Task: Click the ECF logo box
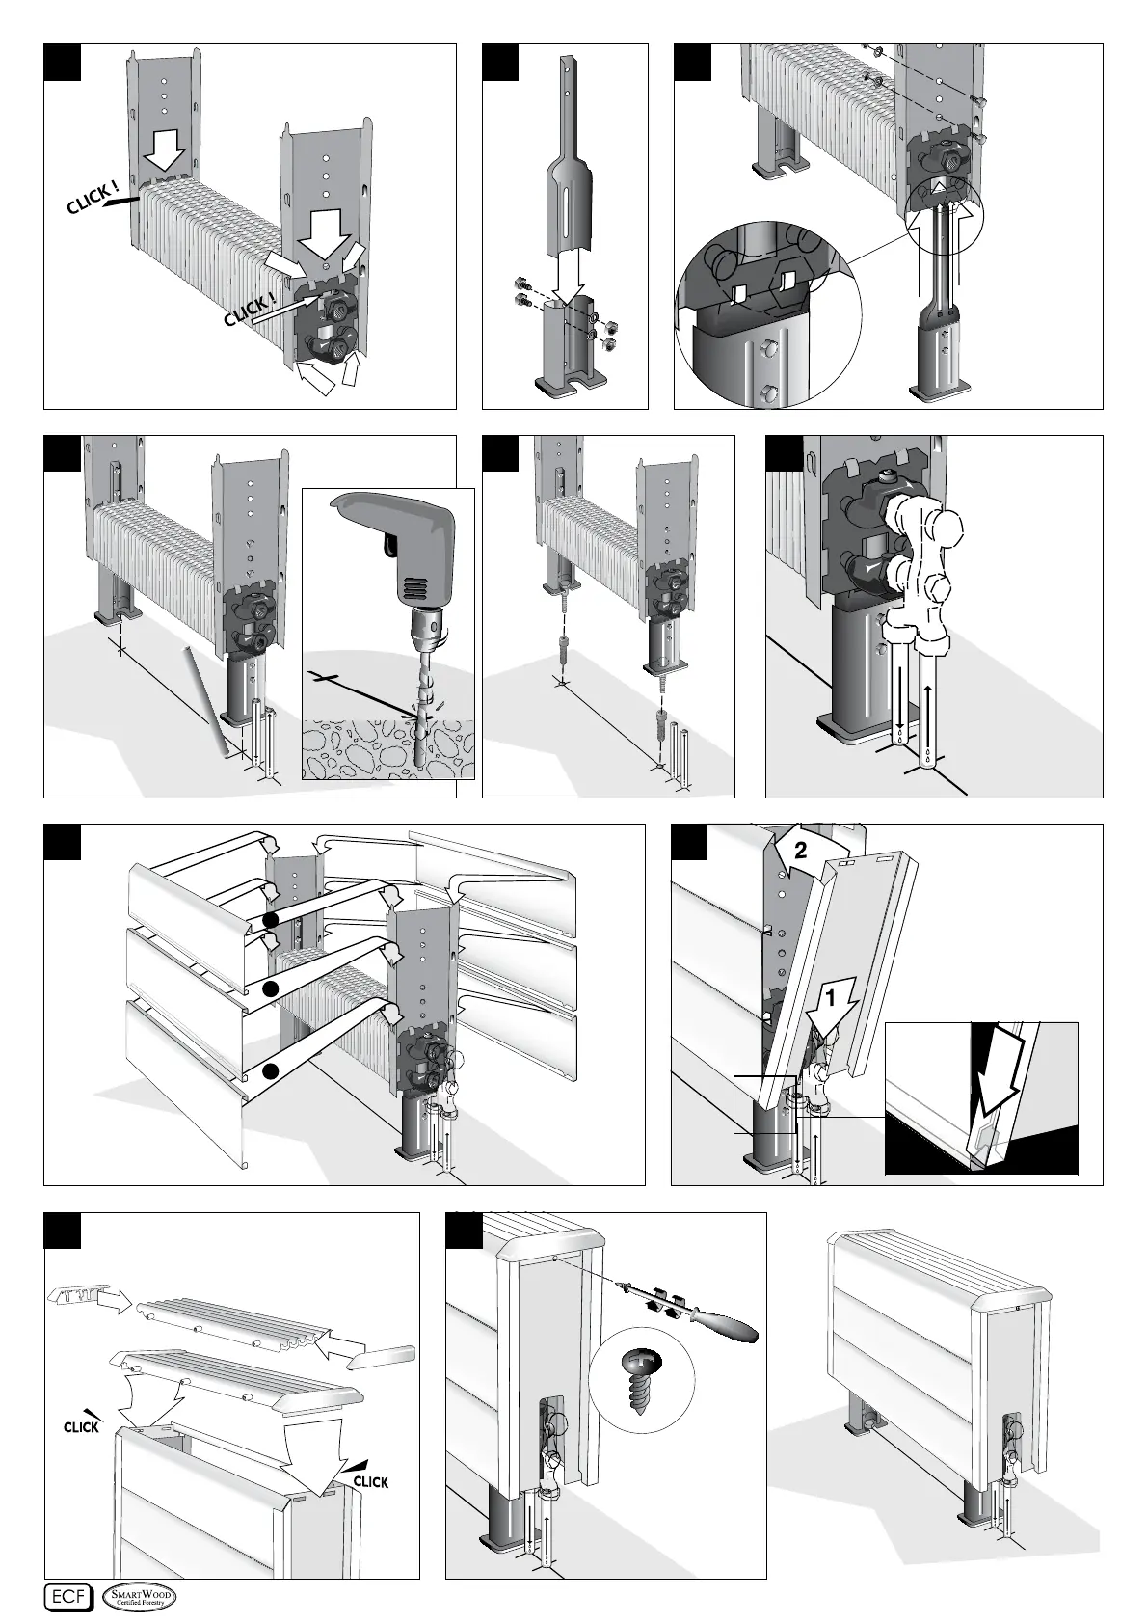pyautogui.click(x=68, y=1596)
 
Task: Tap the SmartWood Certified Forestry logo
pyautogui.click(x=141, y=1596)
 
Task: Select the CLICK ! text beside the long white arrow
pyautogui.click(x=250, y=310)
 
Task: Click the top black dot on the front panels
pyautogui.click(x=271, y=919)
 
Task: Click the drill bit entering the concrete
pyautogui.click(x=418, y=714)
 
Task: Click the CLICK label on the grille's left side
pyautogui.click(x=81, y=1426)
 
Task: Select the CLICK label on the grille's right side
pyautogui.click(x=370, y=1481)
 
